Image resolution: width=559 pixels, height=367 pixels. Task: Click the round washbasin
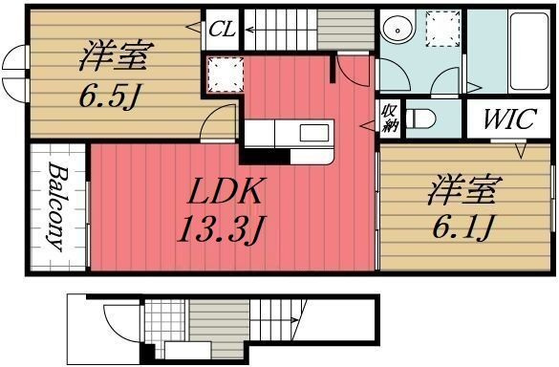[x=396, y=29]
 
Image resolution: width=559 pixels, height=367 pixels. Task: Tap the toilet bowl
[x=420, y=119]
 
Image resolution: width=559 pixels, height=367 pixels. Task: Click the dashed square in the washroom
[x=441, y=29]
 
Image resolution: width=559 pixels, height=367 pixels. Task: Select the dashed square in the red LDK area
[x=224, y=73]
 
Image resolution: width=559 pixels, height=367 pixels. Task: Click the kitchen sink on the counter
[x=313, y=132]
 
